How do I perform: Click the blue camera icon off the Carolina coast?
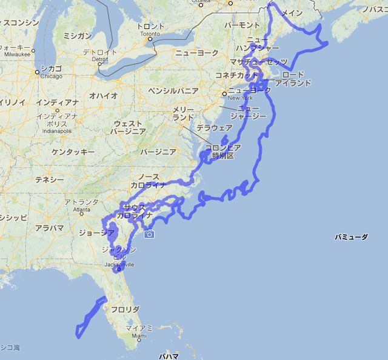pyautogui.click(x=149, y=234)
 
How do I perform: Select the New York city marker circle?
pyautogui.click(x=224, y=94)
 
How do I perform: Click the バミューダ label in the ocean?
pyautogui.click(x=351, y=238)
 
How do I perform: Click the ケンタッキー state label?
pyautogui.click(x=72, y=152)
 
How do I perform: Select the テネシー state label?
pyautogui.click(x=49, y=180)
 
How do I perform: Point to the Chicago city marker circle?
pyautogui.click(x=38, y=72)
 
